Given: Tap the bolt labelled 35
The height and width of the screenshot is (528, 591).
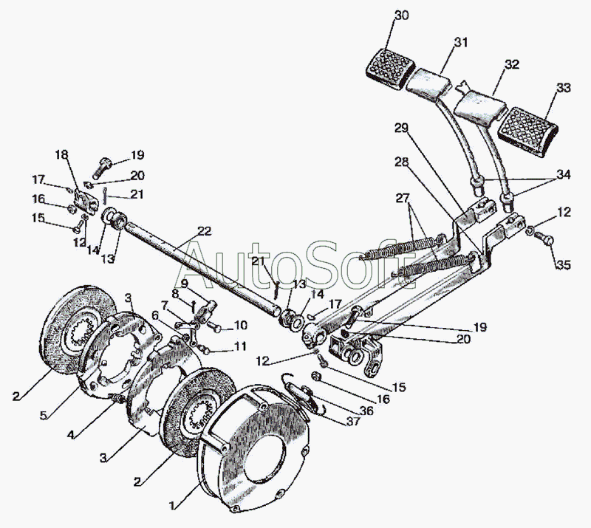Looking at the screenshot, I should click(545, 238).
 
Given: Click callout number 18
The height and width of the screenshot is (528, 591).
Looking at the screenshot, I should click(60, 154).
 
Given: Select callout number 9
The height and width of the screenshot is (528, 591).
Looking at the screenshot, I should click(184, 282).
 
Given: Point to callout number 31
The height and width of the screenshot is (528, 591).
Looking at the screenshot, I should click(461, 41).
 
